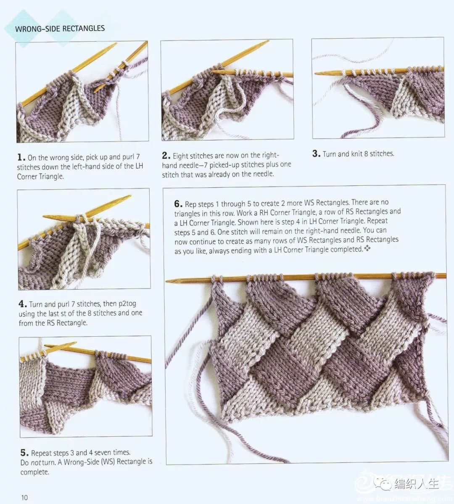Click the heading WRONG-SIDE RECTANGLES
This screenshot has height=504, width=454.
(60, 29)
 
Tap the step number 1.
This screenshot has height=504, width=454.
(21, 157)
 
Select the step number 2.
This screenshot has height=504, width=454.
(166, 156)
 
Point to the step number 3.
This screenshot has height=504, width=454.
(317, 154)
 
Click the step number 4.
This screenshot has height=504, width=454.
(23, 304)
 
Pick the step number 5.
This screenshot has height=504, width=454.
(24, 453)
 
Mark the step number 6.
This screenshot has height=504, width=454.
(179, 204)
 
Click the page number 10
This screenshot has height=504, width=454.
(24, 498)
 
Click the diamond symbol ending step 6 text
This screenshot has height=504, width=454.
(367, 248)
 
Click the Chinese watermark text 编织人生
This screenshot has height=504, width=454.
(417, 484)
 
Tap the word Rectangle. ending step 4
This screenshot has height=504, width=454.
(72, 323)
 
